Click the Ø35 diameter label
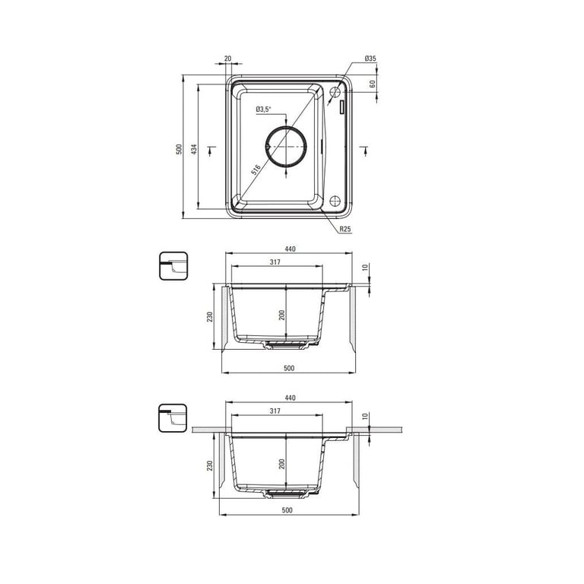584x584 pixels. click(370, 59)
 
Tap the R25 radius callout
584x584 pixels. click(345, 229)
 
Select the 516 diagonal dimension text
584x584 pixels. click(255, 170)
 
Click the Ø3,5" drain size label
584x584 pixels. click(264, 109)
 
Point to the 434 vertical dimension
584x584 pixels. click(194, 149)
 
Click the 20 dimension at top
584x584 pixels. click(228, 59)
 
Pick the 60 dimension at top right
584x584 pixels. click(372, 84)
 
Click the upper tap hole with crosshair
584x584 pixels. click(335, 91)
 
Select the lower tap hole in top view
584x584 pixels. click(335, 201)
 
